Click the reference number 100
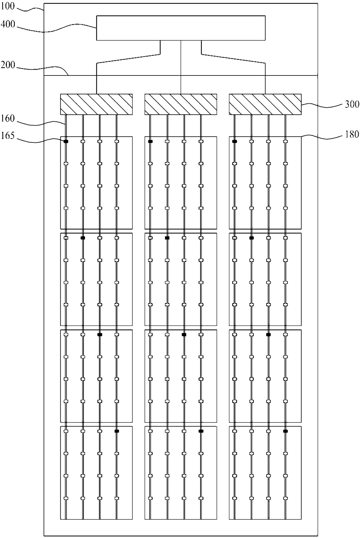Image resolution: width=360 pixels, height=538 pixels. click(x=8, y=6)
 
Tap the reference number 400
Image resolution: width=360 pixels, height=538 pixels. click(x=8, y=24)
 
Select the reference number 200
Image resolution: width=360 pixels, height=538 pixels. click(x=8, y=65)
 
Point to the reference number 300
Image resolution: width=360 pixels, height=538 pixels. click(x=352, y=104)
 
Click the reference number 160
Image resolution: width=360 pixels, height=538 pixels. click(x=8, y=118)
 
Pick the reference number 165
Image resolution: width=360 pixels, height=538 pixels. click(x=8, y=136)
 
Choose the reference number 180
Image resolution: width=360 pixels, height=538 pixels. click(x=352, y=134)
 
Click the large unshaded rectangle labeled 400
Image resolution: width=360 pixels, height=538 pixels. click(x=181, y=28)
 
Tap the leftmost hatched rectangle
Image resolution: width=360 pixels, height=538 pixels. click(x=96, y=104)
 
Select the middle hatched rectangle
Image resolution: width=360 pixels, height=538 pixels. click(x=181, y=104)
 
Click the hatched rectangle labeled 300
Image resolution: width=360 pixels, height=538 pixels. click(x=265, y=104)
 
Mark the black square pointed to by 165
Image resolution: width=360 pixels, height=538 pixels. click(x=66, y=141)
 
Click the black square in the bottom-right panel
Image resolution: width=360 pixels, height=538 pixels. click(x=285, y=431)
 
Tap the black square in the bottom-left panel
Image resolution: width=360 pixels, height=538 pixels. click(x=117, y=431)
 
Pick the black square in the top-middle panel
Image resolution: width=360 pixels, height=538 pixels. click(x=150, y=141)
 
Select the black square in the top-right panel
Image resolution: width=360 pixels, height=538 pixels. click(x=235, y=141)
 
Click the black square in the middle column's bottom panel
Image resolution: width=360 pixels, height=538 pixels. click(x=201, y=431)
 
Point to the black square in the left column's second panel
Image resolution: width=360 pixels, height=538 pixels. click(x=83, y=238)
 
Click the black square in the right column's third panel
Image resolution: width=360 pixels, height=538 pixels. click(x=269, y=335)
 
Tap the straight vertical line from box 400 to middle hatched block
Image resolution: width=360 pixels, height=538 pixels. click(x=181, y=67)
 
